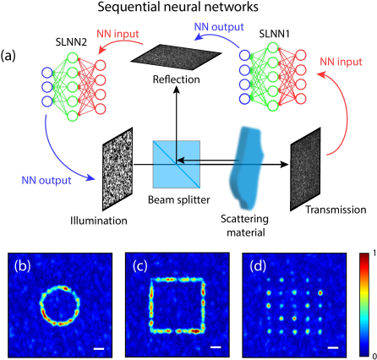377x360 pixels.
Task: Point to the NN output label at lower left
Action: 45,179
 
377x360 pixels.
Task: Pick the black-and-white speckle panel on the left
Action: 118,167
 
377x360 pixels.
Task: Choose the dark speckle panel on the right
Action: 305,170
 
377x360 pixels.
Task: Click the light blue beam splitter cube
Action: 176,164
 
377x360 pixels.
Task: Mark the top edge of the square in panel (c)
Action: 178,279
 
